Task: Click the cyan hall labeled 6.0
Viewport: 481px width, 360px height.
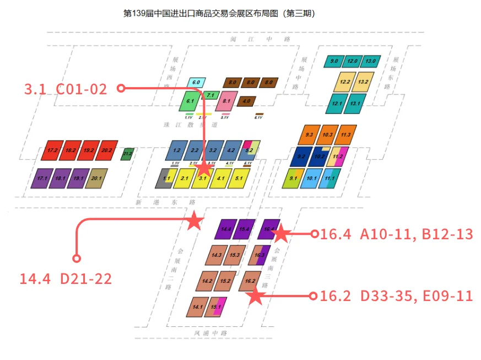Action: (196, 83)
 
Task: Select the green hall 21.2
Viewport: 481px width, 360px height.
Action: (127, 154)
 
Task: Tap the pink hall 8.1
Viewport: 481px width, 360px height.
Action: (226, 101)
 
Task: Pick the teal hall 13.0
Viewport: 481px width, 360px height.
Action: (370, 61)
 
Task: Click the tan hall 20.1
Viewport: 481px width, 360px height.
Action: (97, 178)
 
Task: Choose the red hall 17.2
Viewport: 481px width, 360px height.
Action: (53, 151)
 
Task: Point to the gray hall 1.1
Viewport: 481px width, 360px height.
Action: (166, 179)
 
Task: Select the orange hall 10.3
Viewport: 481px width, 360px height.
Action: (327, 135)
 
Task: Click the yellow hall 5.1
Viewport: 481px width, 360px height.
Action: (239, 179)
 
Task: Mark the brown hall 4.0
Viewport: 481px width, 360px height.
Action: (246, 101)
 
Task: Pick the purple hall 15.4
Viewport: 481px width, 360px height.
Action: (245, 229)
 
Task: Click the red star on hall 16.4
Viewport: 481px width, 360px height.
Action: (280, 233)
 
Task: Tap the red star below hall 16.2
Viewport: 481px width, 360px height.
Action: (255, 297)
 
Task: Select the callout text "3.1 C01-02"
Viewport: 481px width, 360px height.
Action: (66, 89)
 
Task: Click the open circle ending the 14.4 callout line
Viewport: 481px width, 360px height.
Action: (77, 258)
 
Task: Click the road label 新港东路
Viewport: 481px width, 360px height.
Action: (166, 202)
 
